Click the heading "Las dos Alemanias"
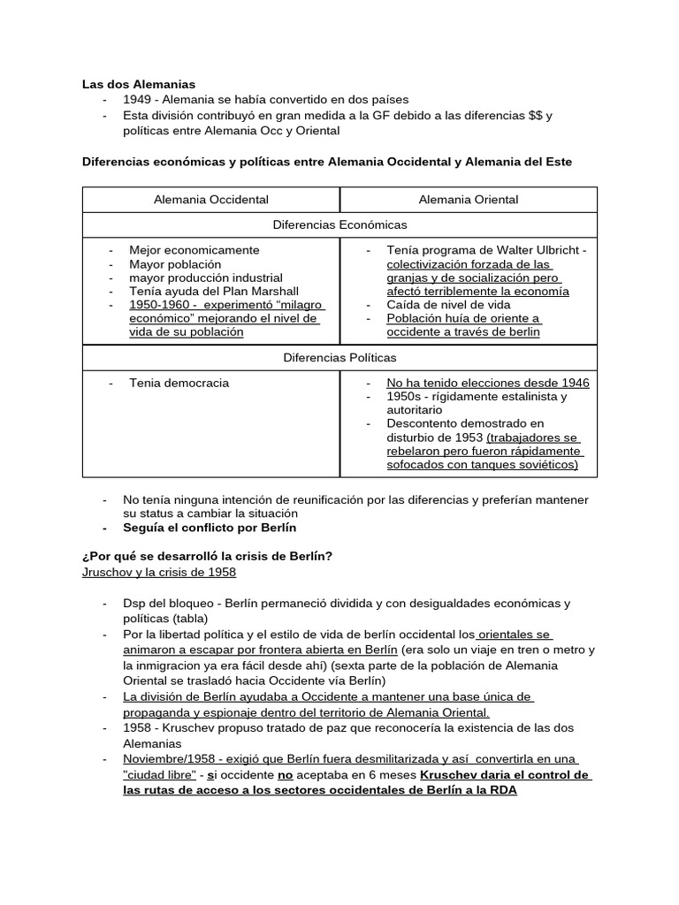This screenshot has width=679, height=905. (x=138, y=84)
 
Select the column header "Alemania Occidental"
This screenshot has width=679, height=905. (x=211, y=200)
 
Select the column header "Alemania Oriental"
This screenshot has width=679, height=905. (x=469, y=200)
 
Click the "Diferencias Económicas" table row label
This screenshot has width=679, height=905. (x=339, y=225)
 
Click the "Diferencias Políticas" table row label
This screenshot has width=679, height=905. (x=339, y=358)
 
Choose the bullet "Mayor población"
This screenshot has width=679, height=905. (x=175, y=263)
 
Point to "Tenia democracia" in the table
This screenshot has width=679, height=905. (x=179, y=383)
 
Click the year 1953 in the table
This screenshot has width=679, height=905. (x=469, y=437)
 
